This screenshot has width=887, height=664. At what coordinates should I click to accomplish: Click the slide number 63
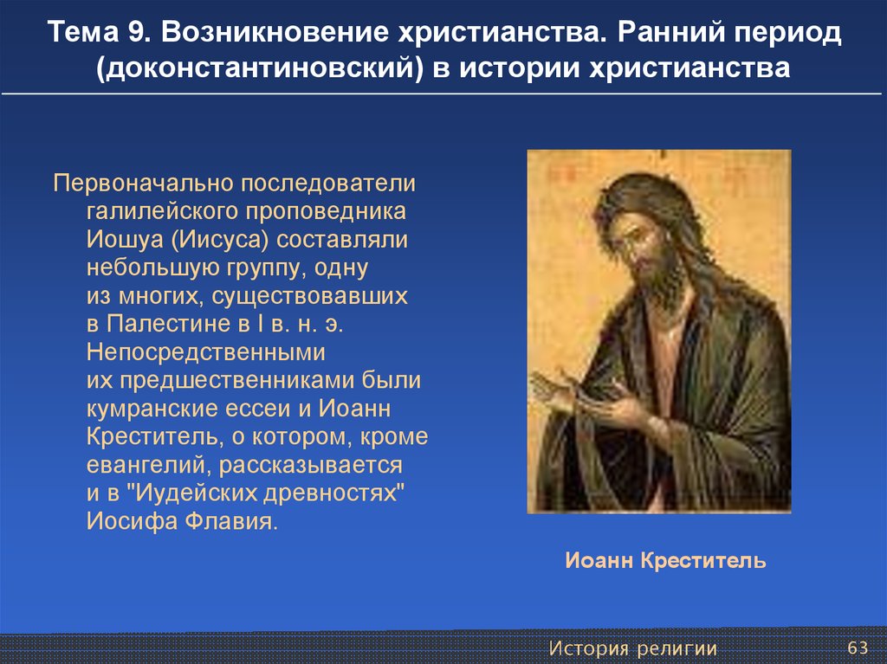tap(857, 648)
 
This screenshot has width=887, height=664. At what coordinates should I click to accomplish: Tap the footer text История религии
tap(633, 648)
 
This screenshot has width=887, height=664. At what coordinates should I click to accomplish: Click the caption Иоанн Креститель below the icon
tap(665, 560)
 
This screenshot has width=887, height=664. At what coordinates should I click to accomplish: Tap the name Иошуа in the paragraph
tap(125, 239)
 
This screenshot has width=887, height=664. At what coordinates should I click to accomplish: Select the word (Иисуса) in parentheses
tap(220, 240)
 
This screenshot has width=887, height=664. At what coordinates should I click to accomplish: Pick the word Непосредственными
tap(206, 352)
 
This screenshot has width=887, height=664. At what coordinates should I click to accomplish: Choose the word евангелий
tap(149, 466)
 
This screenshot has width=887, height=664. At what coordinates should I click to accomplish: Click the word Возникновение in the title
tap(275, 32)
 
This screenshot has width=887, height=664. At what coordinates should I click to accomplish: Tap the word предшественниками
tap(237, 381)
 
